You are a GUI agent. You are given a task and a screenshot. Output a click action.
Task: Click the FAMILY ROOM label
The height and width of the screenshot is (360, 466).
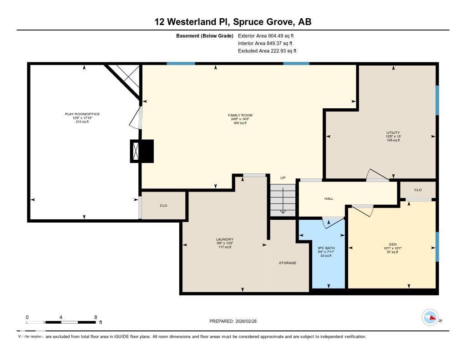240,115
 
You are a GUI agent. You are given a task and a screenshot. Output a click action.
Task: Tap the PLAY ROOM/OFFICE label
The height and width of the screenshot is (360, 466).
82,114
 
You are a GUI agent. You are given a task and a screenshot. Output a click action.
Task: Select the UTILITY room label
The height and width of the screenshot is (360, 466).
393,133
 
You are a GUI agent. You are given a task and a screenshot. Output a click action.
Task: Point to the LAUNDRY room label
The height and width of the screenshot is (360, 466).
224,239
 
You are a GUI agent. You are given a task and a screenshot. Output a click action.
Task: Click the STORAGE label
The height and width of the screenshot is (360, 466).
288,263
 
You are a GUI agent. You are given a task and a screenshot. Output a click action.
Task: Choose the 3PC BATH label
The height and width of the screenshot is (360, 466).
326,248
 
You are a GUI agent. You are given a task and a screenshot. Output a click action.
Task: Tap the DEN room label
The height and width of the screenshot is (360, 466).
393,245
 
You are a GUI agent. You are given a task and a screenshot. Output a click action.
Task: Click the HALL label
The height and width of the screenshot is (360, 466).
329,199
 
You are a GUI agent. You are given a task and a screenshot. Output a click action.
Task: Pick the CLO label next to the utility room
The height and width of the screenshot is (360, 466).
418,190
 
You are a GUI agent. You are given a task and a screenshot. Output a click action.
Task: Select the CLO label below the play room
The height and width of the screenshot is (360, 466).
163,206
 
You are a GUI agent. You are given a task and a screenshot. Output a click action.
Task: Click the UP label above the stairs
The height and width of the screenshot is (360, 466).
283,178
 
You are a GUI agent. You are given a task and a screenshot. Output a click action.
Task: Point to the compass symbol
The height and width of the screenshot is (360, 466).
430,318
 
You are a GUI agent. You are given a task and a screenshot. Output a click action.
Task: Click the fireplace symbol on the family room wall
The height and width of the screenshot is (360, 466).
142,151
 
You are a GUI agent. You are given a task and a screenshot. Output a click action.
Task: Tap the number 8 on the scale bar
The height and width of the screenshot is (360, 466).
95,317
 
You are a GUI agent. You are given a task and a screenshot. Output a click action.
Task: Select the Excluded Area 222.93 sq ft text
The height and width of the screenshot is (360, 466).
267,51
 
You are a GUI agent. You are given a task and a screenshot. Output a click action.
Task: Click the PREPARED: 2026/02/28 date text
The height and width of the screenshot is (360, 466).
236,321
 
